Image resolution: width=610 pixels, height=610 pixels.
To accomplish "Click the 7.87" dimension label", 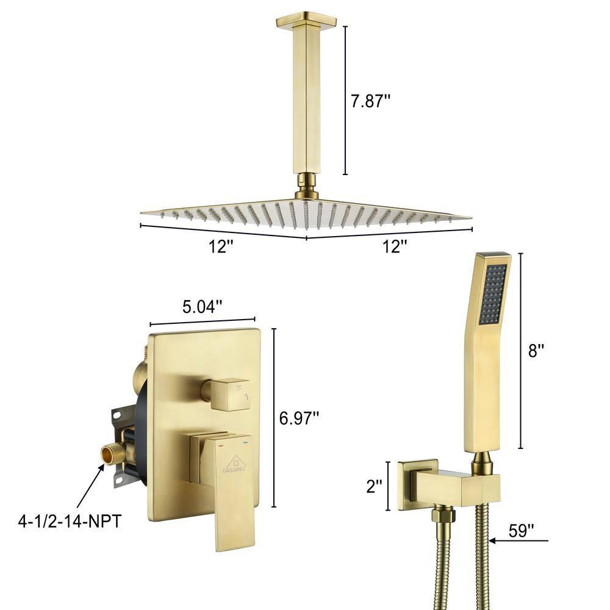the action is tap(370, 101).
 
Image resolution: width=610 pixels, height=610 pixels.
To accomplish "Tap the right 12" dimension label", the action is tap(395, 246).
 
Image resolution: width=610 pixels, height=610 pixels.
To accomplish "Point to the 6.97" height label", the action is tap(300, 418).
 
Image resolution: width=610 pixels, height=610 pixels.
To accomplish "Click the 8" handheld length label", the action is tap(537, 350).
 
